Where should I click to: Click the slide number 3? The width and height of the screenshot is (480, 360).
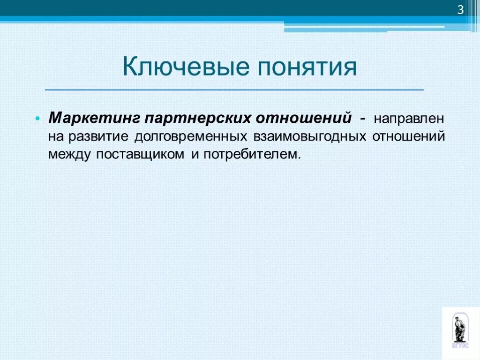(460, 10)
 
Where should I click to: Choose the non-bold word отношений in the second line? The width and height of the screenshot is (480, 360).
(408, 136)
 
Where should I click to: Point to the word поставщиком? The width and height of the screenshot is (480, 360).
(140, 154)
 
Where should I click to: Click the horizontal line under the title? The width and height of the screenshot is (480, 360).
(234, 89)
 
